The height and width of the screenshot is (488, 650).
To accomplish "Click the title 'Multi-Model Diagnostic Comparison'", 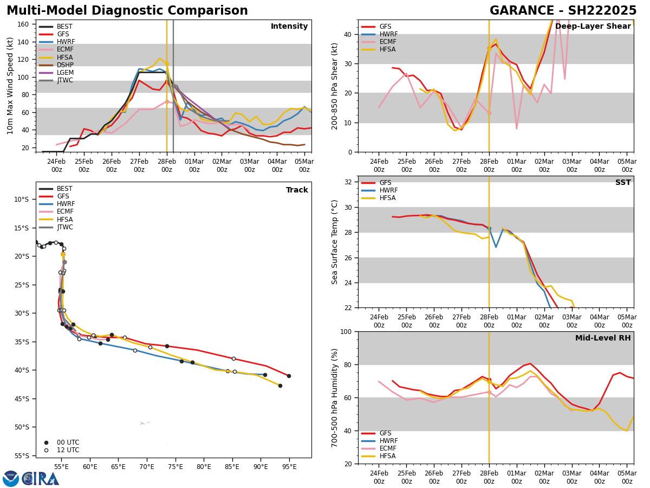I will coord(127,11).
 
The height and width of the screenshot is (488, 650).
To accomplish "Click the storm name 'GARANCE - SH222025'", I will coord(563,11).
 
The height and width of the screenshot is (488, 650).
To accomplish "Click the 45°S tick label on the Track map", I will coord(21,399).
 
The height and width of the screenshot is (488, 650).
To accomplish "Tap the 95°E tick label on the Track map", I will coord(289,466).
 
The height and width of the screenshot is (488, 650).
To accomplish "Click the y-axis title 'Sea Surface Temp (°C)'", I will coord(335,242).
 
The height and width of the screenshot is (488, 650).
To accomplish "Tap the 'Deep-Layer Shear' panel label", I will coord(593,27).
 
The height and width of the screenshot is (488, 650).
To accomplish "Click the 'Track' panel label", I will coord(297,190).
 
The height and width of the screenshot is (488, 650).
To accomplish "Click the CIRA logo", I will coord(31,478).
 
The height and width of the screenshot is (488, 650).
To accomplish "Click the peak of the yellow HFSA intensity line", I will coord(160,59).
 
